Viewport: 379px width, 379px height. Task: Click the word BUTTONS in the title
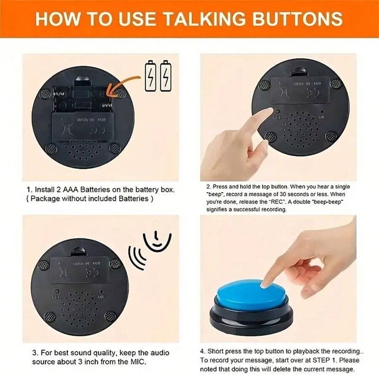click(295, 19)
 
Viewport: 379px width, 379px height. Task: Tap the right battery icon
click(166, 76)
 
